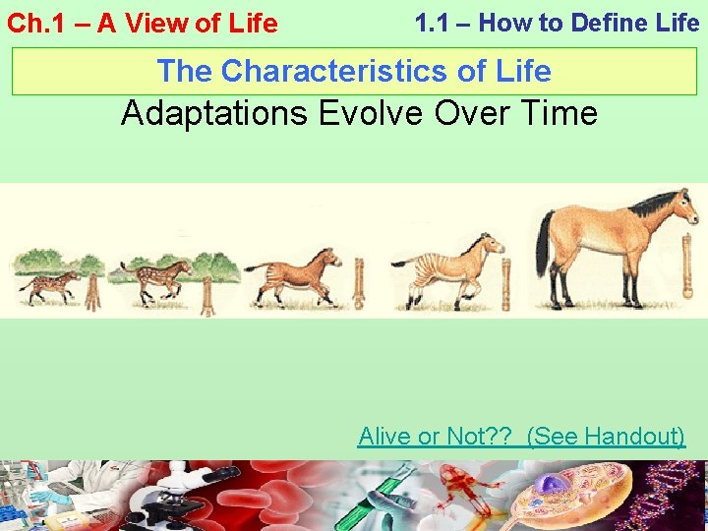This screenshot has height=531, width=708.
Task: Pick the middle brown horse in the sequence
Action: pos(295,269)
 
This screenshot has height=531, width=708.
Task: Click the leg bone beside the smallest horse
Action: pos(93,292)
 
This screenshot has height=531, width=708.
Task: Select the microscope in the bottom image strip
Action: pos(182,497)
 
